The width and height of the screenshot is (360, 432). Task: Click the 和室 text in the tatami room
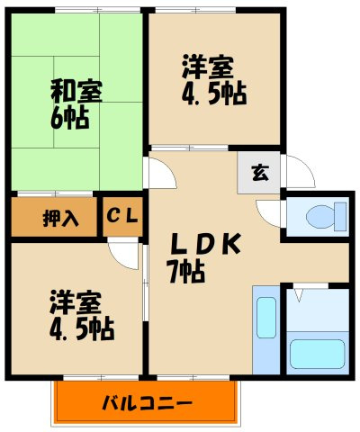click(76, 91)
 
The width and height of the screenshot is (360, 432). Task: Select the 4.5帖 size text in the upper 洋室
click(214, 94)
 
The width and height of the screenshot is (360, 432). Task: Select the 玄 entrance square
click(259, 174)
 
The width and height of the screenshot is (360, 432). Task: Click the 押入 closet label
click(52, 217)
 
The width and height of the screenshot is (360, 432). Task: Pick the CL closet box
click(122, 217)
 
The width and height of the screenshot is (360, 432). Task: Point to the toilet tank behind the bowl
click(339, 216)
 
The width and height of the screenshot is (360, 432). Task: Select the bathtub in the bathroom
click(317, 354)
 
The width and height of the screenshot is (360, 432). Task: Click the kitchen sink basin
click(266, 317)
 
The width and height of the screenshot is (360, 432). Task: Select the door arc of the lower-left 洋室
click(121, 254)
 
